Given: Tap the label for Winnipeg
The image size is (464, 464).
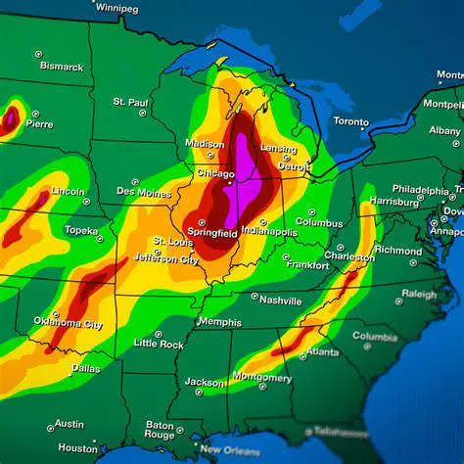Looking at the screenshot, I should point(116,8).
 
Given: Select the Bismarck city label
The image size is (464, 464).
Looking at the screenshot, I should point(61,67).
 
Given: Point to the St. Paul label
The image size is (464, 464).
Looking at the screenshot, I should point(130,101).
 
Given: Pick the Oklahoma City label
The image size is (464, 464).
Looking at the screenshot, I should point(68,322).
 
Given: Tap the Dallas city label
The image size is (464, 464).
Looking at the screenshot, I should point(85,368).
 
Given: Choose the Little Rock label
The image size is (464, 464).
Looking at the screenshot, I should point(159,344).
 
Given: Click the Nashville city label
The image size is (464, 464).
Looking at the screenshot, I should point(281,300).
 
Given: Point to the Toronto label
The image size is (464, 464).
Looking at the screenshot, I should point(350,121).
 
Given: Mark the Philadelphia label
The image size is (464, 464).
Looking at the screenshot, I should point(420,189).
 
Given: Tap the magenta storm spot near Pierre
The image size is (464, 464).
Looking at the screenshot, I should point(10,119).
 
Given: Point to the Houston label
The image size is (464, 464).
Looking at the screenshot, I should point(77,447).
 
